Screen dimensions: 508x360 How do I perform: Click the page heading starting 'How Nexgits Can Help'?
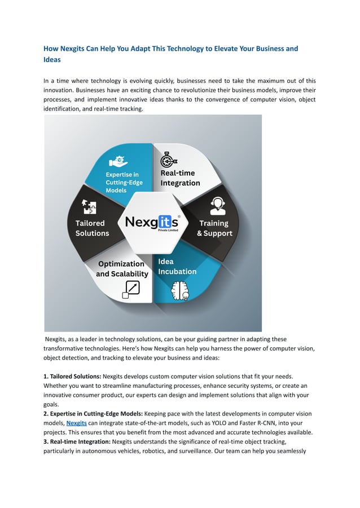[170, 54]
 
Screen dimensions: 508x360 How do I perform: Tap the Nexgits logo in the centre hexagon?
[152, 222]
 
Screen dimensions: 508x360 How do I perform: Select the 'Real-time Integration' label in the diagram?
[180, 178]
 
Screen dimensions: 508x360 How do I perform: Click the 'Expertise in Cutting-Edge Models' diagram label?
[124, 182]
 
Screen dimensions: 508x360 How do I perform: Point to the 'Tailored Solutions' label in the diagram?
[93, 228]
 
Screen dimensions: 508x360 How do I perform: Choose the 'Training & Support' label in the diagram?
[214, 228]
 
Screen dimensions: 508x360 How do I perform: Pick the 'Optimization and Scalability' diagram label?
[122, 269]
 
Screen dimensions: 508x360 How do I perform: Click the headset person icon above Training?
[217, 206]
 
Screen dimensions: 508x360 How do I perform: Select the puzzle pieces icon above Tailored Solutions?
[89, 207]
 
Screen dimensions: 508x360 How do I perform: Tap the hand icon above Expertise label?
[118, 161]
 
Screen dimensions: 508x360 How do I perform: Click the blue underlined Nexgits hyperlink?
[76, 422]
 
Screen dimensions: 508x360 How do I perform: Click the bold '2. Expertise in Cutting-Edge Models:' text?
[93, 413]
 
